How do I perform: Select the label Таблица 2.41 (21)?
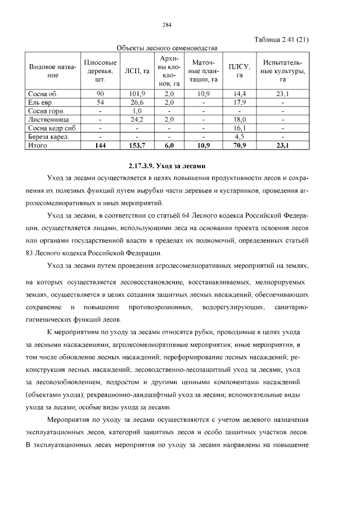(x=281, y=39)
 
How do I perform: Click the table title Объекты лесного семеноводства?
(x=167, y=48)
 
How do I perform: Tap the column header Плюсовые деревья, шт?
(x=100, y=70)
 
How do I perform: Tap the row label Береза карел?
(x=48, y=136)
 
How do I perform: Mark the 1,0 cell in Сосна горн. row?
(x=137, y=111)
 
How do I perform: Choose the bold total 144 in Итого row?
(x=100, y=145)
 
